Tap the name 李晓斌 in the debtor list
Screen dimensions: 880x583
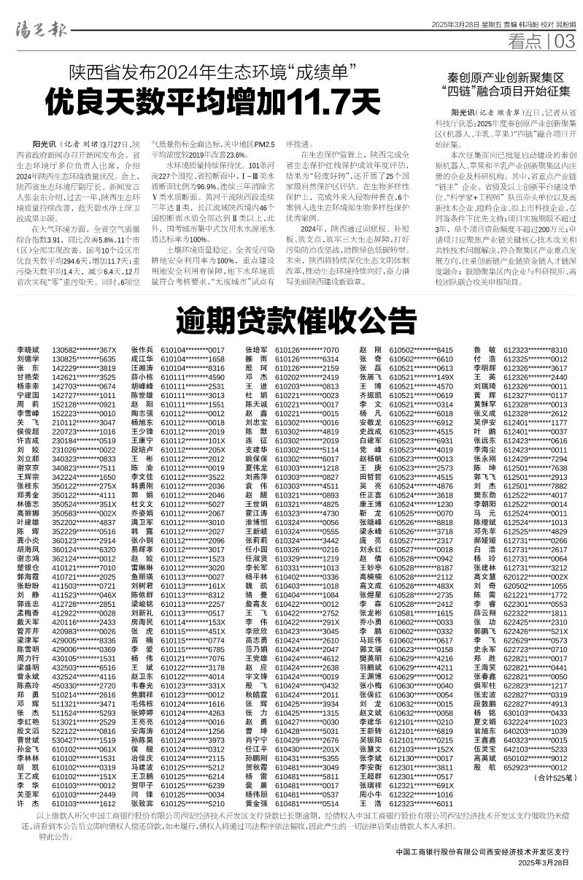point(28,351)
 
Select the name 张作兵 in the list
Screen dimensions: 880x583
point(141,351)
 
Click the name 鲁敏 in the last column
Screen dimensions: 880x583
point(484,351)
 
